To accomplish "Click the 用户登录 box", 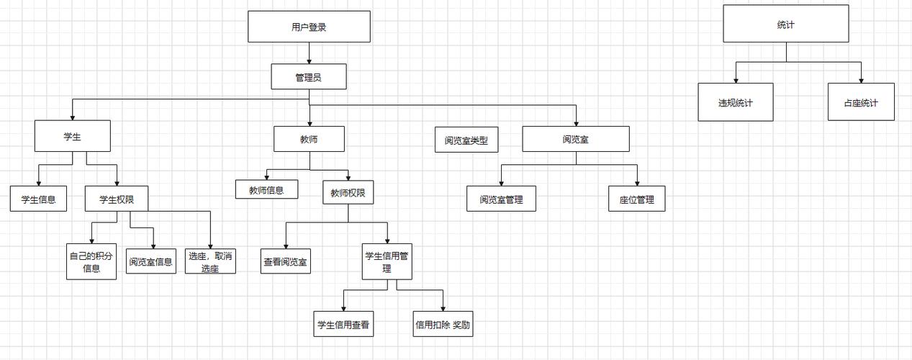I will tap(309, 27).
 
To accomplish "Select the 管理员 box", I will tap(309, 76).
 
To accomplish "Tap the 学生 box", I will tap(72, 136).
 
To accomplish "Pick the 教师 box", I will tap(309, 139).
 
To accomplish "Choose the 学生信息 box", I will tap(38, 199).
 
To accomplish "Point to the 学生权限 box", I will tap(116, 199).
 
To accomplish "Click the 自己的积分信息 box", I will tap(91, 262).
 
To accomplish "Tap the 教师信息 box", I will tap(266, 189).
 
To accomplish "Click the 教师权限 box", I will tap(348, 192).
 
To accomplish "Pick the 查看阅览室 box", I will tap(285, 261).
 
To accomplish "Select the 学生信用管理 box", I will tap(387, 261).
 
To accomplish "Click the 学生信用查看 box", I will tap(344, 324).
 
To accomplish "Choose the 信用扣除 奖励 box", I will tap(443, 324).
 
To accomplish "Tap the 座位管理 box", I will tap(636, 199).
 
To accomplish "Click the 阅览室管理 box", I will tap(501, 199).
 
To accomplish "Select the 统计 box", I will tap(786, 24).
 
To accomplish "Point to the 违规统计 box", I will tap(735, 102).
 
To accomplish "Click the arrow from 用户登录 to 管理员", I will tap(309, 53).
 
